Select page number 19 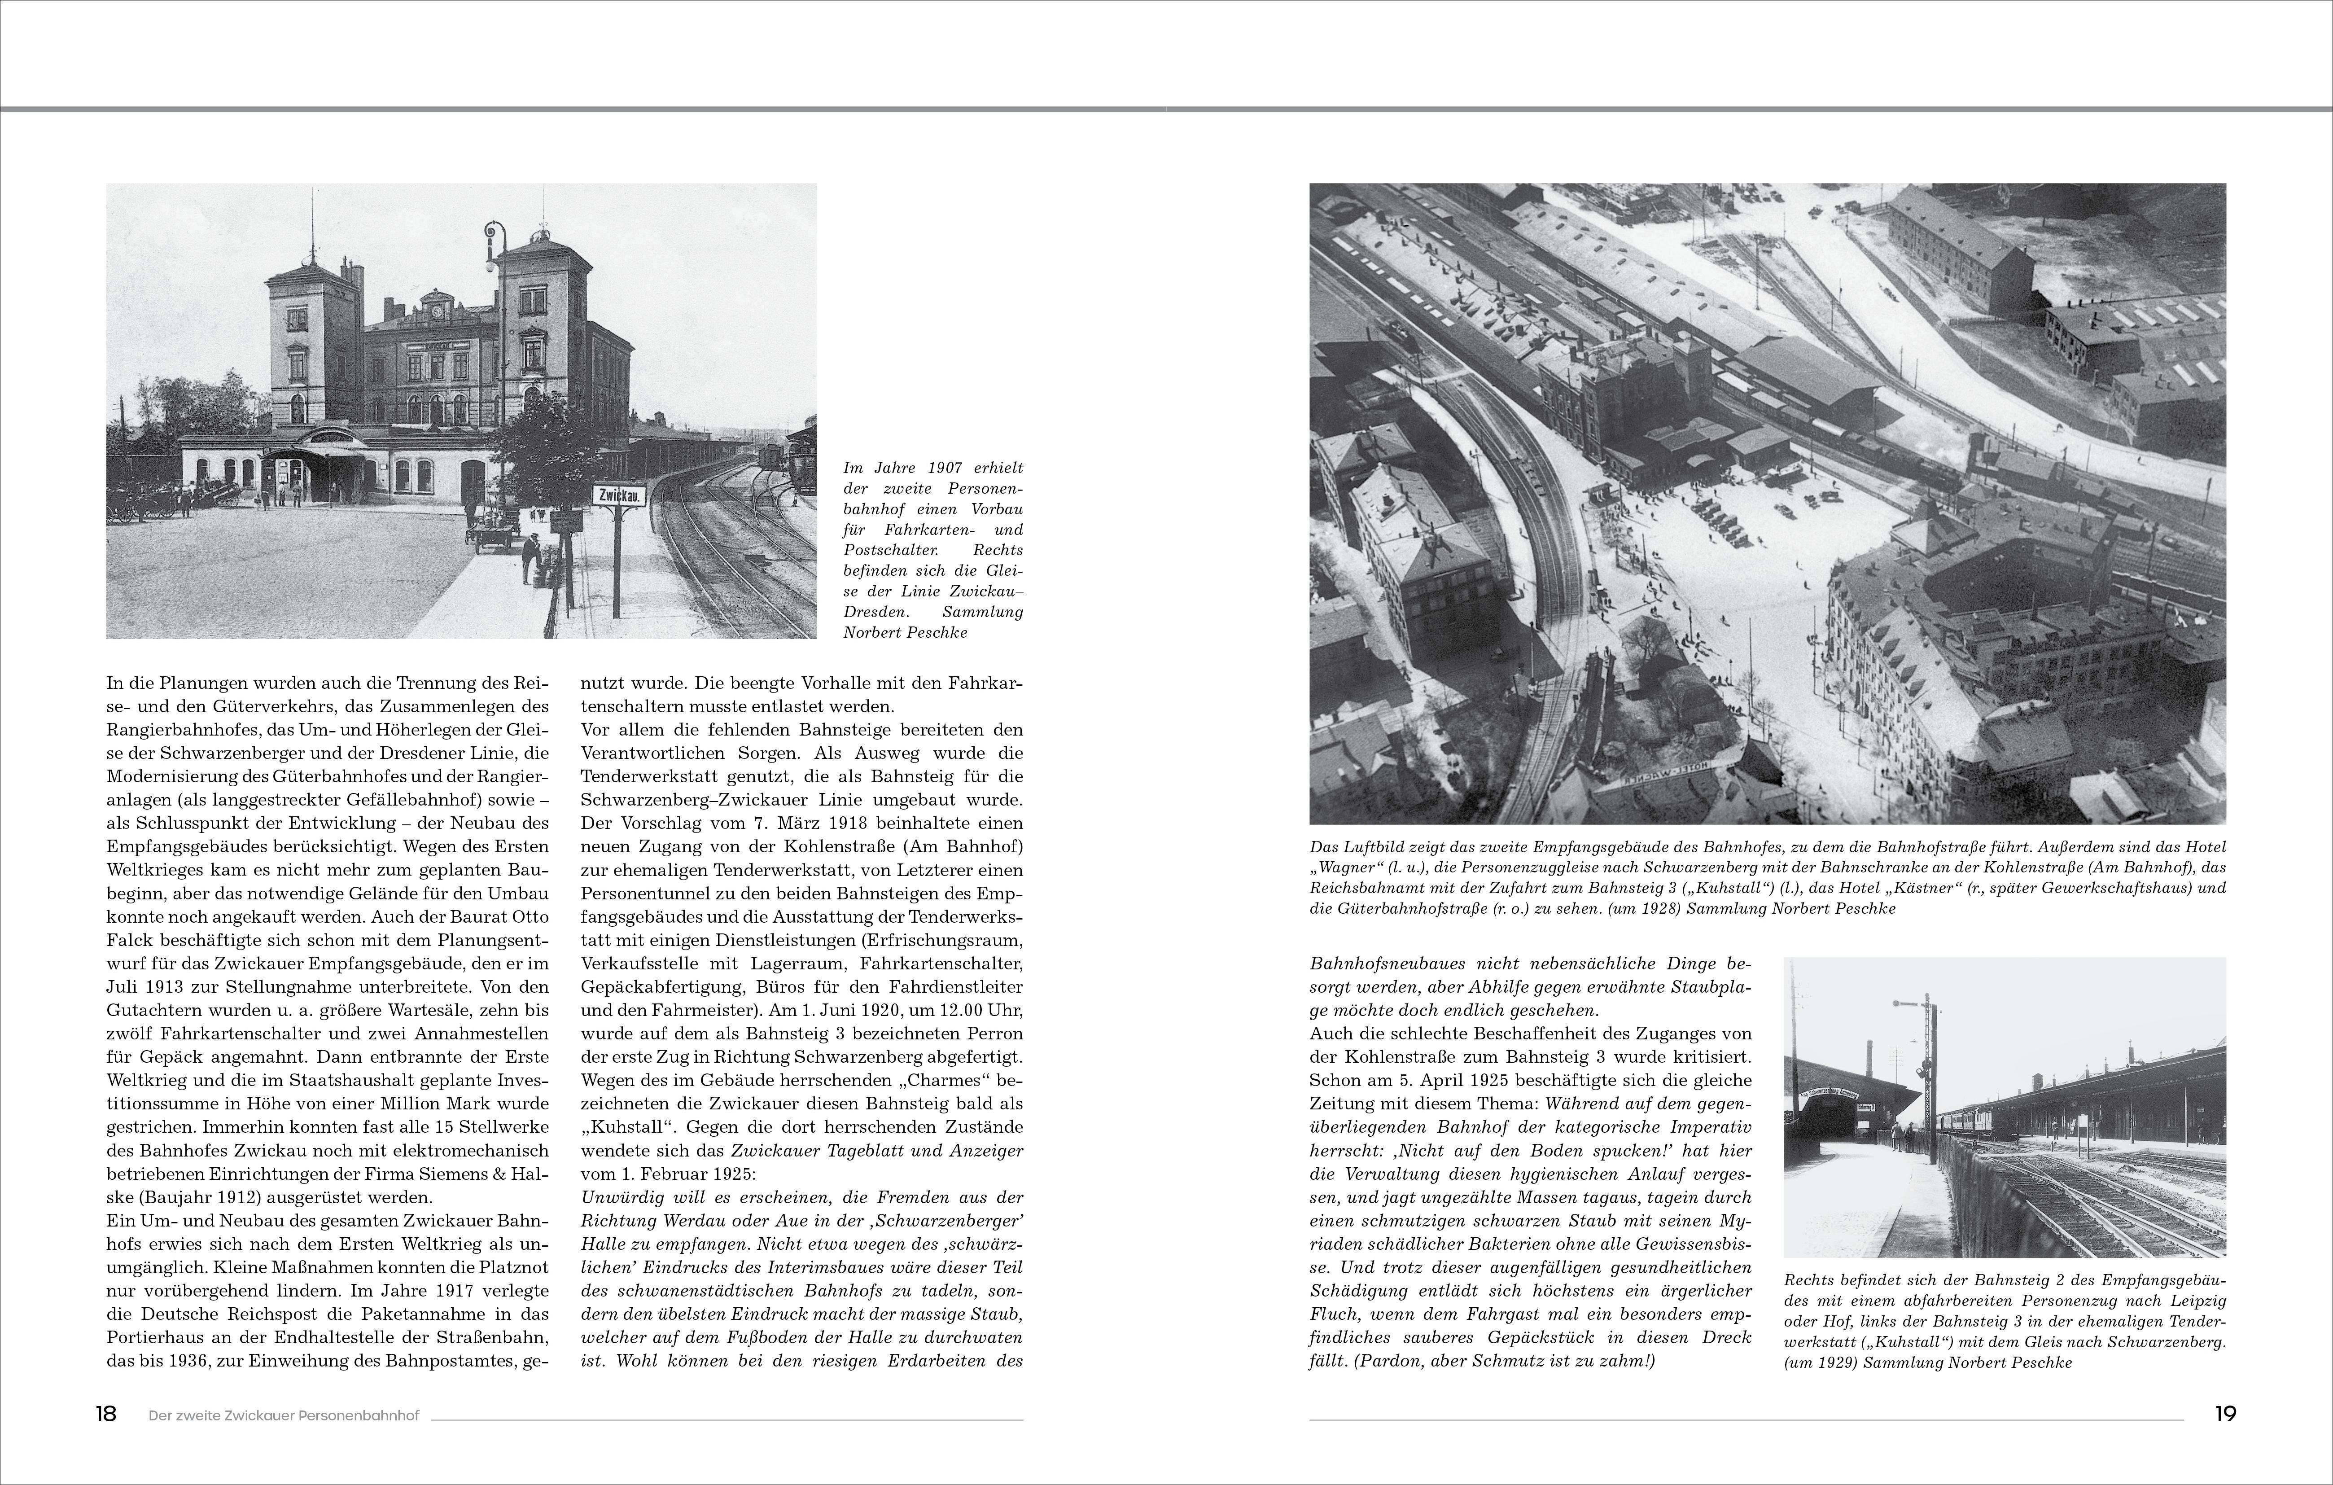click(2225, 1414)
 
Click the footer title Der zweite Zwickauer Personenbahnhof click(284, 1415)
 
